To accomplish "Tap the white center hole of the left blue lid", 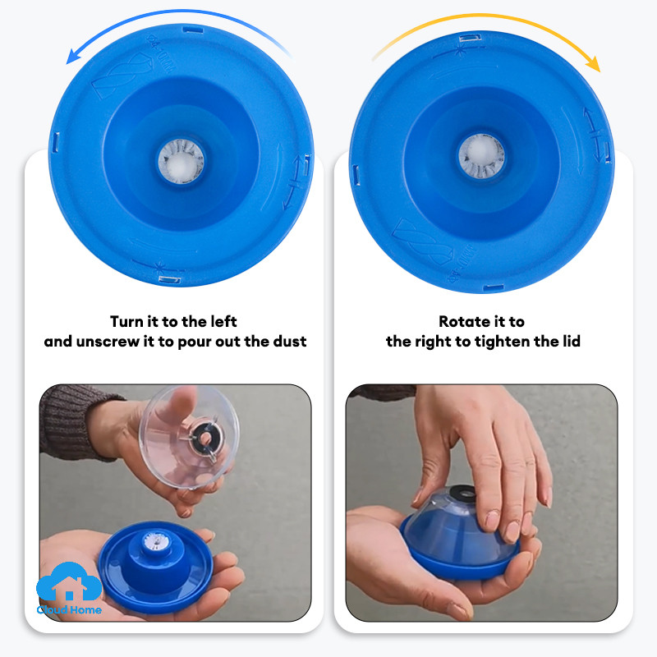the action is [x=181, y=162].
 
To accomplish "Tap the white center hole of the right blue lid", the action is [x=481, y=156].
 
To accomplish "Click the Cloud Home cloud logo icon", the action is [x=69, y=581].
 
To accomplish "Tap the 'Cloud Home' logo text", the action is [x=69, y=609].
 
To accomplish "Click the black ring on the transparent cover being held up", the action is [x=204, y=439].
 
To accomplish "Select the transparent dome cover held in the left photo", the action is [x=190, y=437].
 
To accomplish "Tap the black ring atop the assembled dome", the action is [x=462, y=494].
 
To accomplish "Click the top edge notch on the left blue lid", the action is [x=193, y=30].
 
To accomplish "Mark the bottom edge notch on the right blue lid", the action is [x=494, y=288].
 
